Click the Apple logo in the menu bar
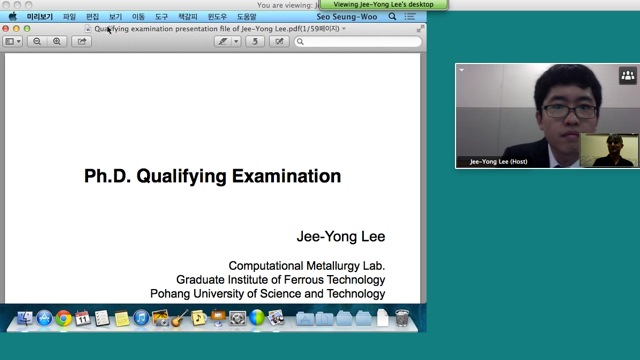(x=13, y=17)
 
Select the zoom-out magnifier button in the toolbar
(x=37, y=41)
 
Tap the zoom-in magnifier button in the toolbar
(x=57, y=41)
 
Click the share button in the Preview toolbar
(x=83, y=41)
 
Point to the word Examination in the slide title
(x=286, y=177)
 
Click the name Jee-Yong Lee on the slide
(x=340, y=237)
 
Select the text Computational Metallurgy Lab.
(x=306, y=266)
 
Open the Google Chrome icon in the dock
(x=63, y=318)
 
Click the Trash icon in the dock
(x=401, y=318)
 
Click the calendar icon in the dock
(x=83, y=318)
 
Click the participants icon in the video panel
(x=628, y=75)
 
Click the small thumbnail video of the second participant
(x=609, y=150)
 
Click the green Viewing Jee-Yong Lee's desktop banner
(x=383, y=5)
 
